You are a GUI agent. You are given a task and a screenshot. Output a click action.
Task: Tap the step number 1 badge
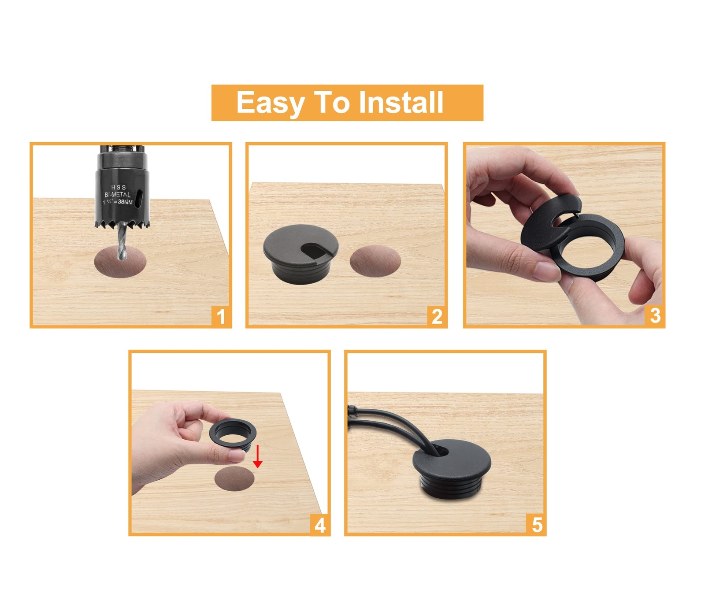221,316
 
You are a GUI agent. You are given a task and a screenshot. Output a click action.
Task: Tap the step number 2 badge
437,316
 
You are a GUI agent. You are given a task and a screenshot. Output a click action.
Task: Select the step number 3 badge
655,316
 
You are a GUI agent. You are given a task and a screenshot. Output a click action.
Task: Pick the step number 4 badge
320,525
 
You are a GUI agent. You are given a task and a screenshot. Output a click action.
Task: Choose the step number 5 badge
537,525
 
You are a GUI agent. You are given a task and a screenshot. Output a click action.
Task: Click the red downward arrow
258,456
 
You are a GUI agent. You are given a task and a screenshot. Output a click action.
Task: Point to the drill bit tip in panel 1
120,259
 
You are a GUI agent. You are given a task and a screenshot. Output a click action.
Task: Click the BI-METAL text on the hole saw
117,195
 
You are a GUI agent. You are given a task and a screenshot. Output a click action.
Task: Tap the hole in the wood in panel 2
375,261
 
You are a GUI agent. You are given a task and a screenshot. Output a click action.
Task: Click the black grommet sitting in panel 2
301,254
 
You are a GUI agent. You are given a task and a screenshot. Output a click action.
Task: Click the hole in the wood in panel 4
234,479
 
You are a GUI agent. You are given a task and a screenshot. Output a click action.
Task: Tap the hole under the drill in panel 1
120,262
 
